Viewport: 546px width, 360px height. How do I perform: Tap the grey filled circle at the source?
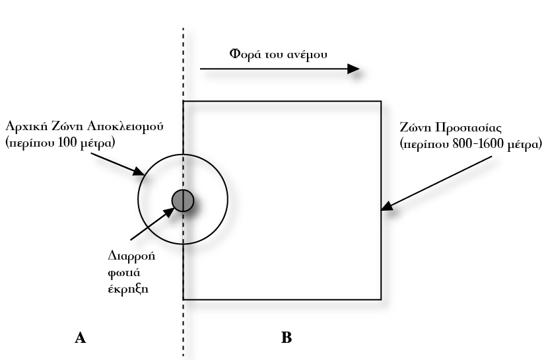click(182, 200)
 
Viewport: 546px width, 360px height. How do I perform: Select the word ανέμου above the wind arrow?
click(310, 54)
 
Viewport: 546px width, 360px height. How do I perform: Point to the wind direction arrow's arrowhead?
click(354, 69)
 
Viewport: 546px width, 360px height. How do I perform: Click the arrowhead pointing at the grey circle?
click(171, 211)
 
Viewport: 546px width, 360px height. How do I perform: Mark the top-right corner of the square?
click(381, 101)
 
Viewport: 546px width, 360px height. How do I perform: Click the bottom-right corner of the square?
click(381, 299)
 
